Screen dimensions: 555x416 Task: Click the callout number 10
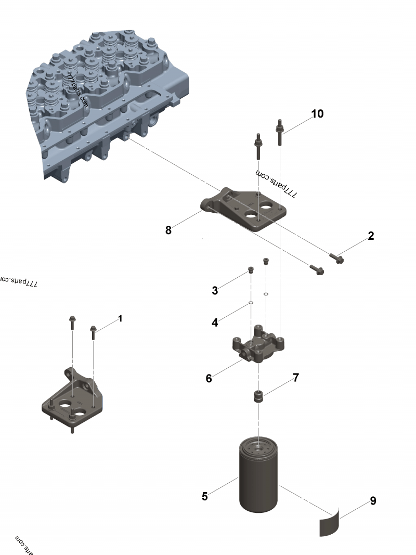pos(317,114)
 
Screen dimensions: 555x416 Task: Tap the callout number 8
pos(168,230)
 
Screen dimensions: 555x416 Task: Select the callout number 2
pos(371,236)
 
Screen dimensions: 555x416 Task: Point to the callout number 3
pos(215,291)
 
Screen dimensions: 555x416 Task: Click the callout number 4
pos(215,322)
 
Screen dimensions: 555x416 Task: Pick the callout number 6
pos(209,378)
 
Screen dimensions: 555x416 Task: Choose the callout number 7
pos(296,378)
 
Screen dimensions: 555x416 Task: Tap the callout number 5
pos(205,496)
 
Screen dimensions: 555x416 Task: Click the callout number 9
pos(373,501)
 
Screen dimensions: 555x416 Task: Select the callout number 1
pos(120,318)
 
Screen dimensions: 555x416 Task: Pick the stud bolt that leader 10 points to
pos(280,132)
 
